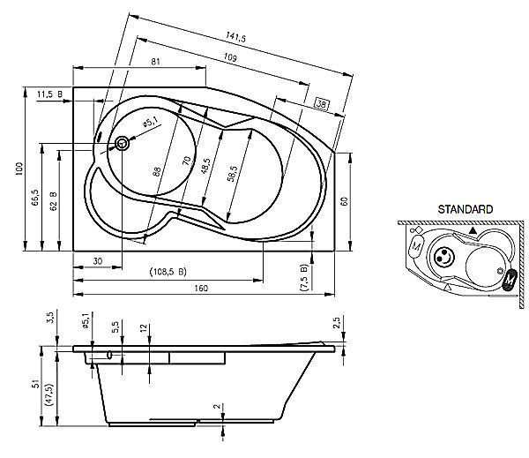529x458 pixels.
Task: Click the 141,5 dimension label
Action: (x=235, y=36)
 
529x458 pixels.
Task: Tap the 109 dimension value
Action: (x=230, y=57)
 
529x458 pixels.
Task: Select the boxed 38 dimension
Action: (x=321, y=104)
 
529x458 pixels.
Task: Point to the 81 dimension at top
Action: (x=155, y=62)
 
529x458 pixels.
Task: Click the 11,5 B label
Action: (x=49, y=94)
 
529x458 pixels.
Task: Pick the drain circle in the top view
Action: (x=122, y=144)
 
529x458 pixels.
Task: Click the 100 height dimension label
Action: (x=19, y=169)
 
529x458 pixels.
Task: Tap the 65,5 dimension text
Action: (x=35, y=198)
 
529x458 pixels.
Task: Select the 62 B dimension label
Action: (x=53, y=201)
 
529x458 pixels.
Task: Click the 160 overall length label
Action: (x=201, y=288)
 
